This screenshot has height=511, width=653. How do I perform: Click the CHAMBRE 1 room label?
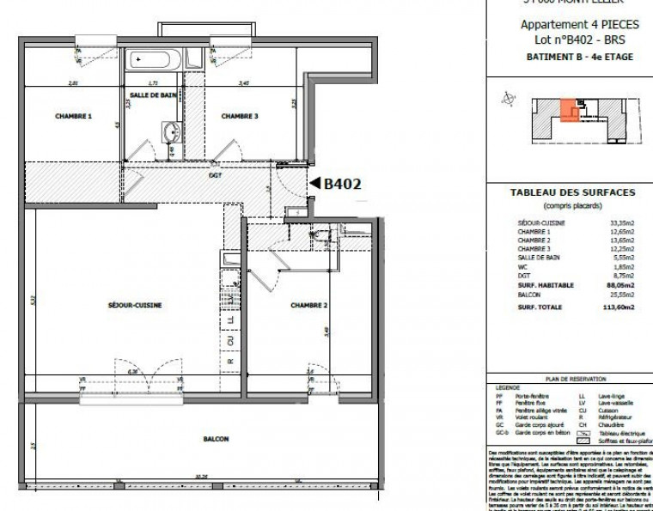(73, 116)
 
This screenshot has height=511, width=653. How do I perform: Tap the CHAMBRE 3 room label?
(240, 116)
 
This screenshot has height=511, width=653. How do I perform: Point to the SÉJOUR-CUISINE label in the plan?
(136, 305)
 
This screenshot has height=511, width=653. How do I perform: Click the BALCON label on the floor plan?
(216, 439)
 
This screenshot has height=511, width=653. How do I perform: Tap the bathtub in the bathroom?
(156, 60)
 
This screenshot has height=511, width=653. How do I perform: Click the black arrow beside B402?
(314, 183)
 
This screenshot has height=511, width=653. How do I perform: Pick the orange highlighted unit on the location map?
(567, 112)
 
